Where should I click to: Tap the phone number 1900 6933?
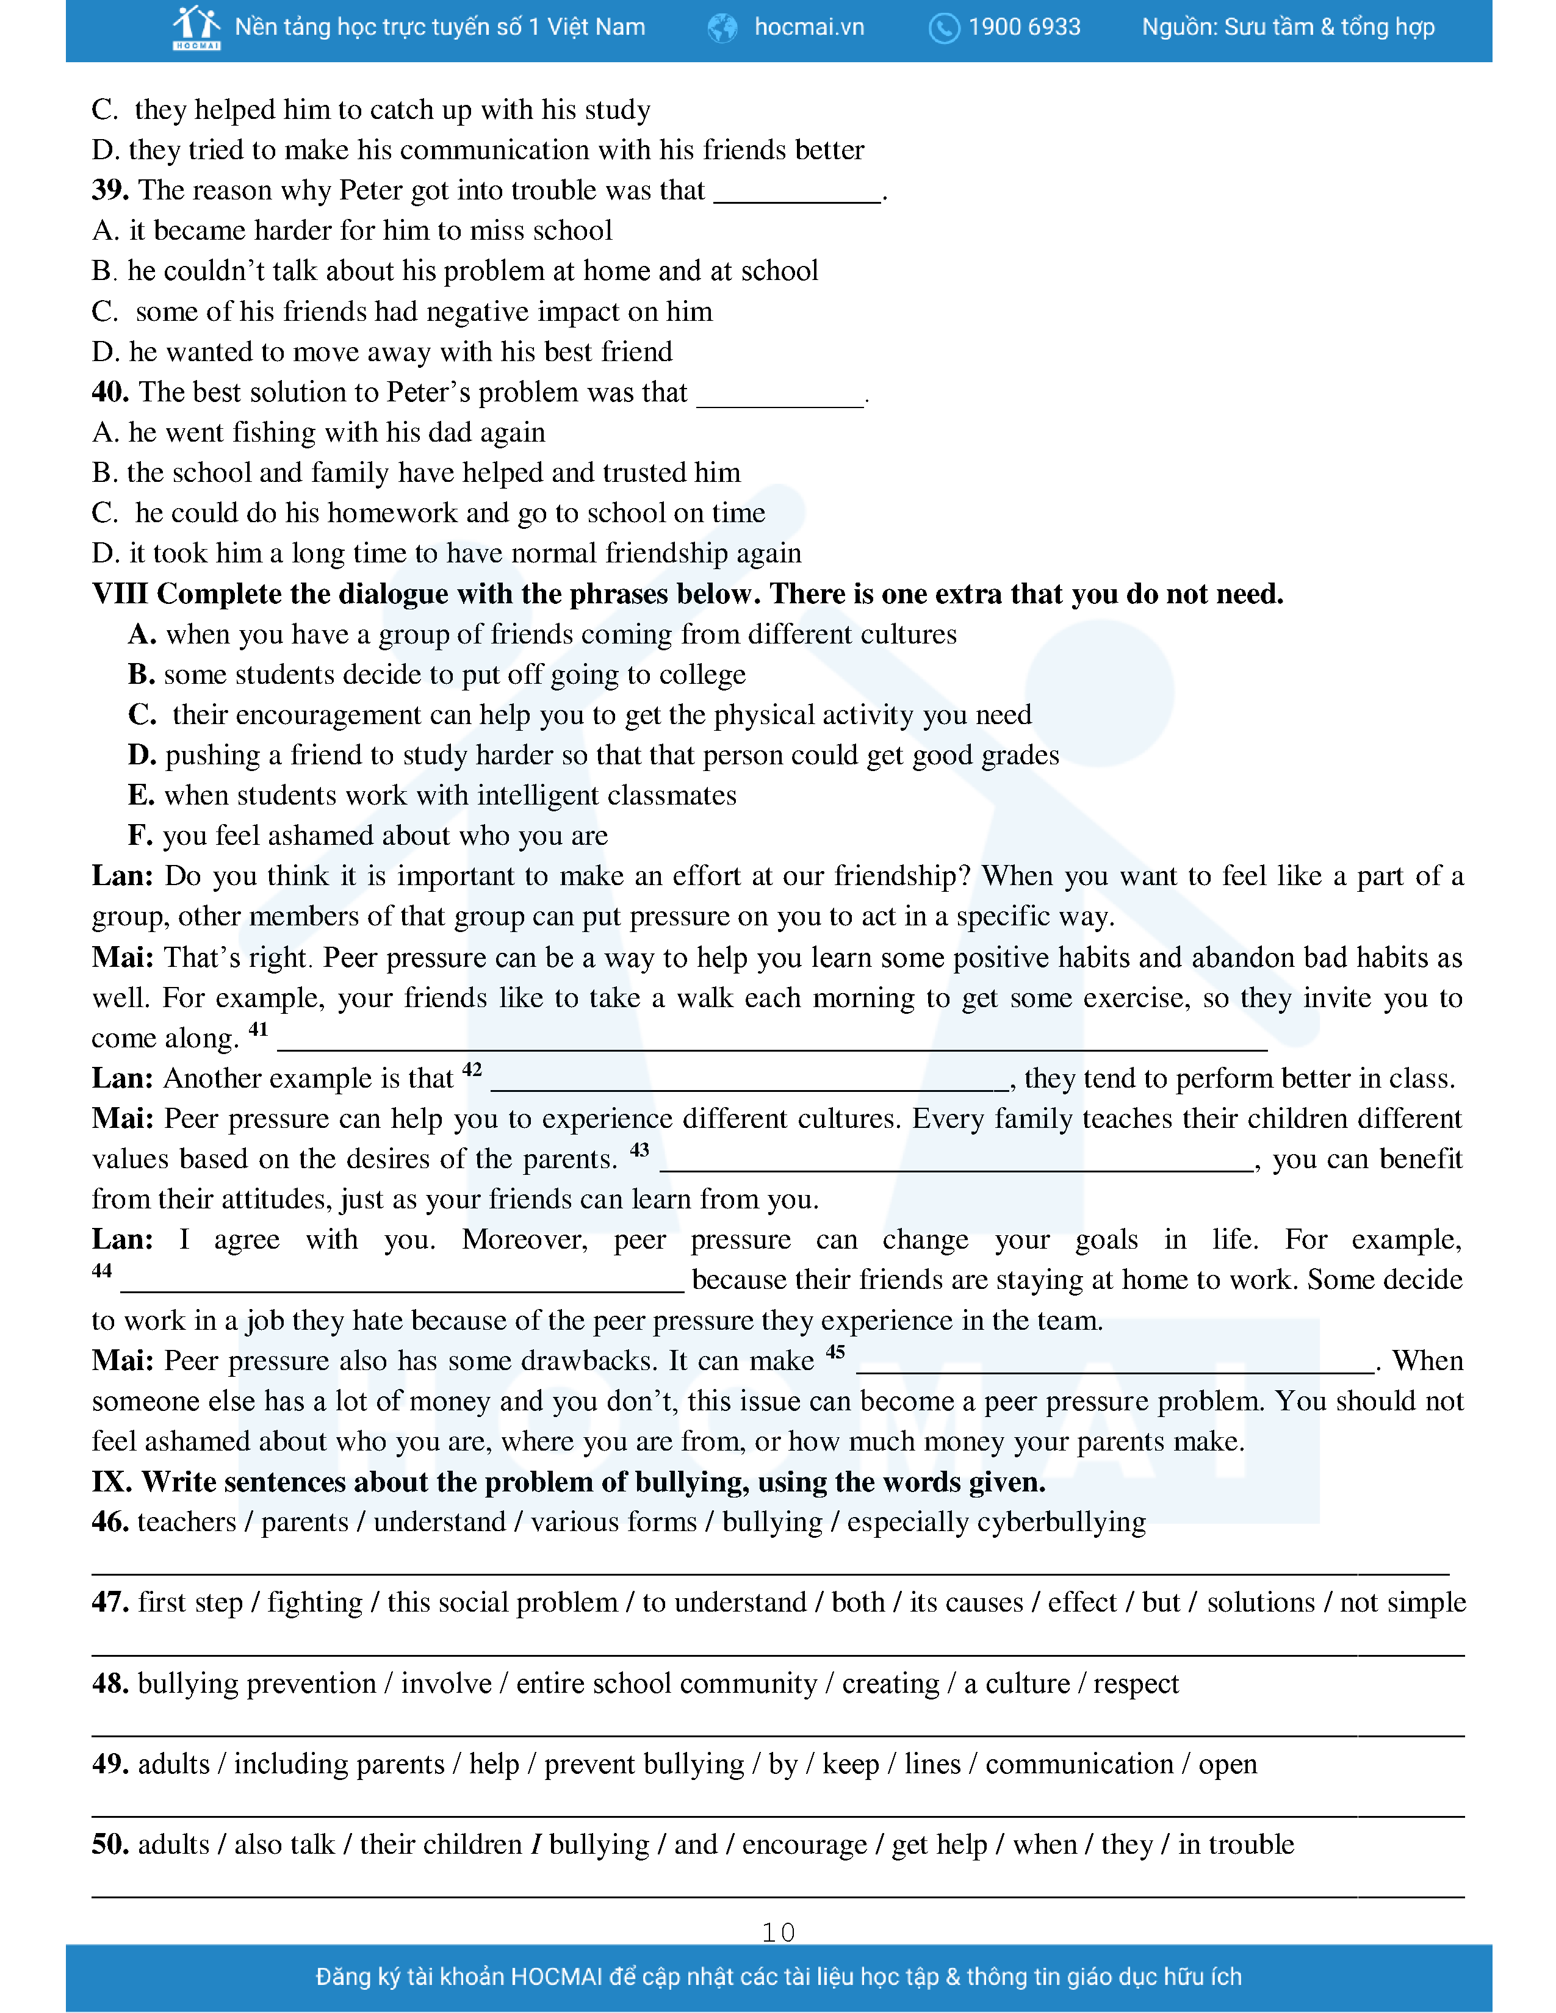point(1024,27)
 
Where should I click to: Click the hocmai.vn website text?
point(809,27)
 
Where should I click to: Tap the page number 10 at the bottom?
point(778,1932)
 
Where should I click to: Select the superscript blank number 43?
point(639,1150)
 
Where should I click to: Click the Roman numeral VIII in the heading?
point(119,594)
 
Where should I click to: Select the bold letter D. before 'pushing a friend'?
point(141,755)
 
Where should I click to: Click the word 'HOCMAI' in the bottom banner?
point(556,1977)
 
